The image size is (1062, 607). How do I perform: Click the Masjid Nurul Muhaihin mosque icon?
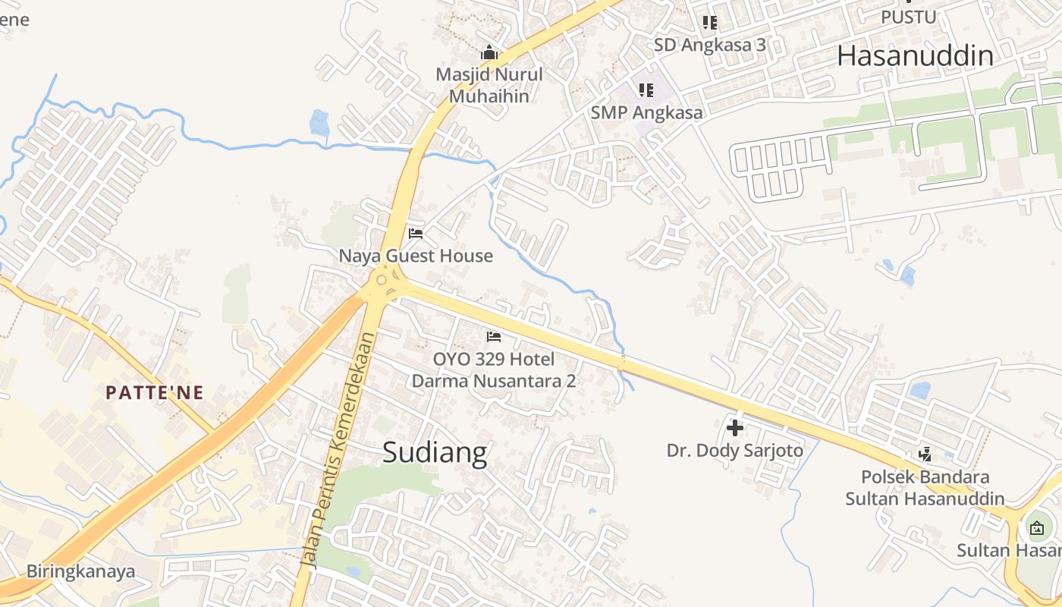[489, 53]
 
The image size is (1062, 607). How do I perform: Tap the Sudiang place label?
[434, 452]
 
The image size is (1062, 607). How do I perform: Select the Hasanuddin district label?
[915, 55]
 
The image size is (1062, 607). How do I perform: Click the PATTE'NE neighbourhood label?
[155, 392]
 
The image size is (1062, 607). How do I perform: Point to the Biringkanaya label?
[80, 571]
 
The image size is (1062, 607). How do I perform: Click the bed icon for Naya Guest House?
[415, 233]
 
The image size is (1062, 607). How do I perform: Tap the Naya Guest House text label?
[416, 256]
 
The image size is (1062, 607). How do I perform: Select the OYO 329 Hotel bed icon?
[494, 336]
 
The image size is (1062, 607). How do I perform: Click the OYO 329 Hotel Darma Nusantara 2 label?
[493, 370]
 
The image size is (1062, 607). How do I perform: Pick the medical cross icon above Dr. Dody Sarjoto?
[734, 427]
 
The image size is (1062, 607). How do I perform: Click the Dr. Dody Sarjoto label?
[734, 451]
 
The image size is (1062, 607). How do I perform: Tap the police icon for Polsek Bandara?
[925, 454]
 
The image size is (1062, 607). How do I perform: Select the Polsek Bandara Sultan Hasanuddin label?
[925, 488]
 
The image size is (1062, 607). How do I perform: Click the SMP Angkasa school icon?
[646, 90]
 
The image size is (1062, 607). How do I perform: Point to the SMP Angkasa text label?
[646, 113]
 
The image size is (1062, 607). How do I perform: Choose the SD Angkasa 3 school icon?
[709, 23]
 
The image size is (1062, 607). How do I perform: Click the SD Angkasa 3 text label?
[709, 46]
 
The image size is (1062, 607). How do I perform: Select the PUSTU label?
[908, 16]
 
